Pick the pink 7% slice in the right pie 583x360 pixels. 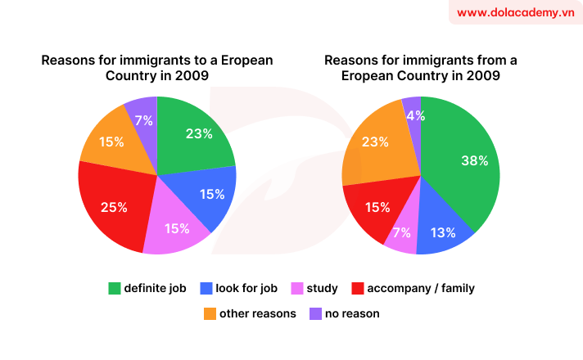pos(402,232)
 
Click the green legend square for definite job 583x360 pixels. pos(115,288)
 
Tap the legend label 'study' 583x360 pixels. pos(323,288)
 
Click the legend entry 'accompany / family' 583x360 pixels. pos(420,288)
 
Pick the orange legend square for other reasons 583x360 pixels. pos(209,313)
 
